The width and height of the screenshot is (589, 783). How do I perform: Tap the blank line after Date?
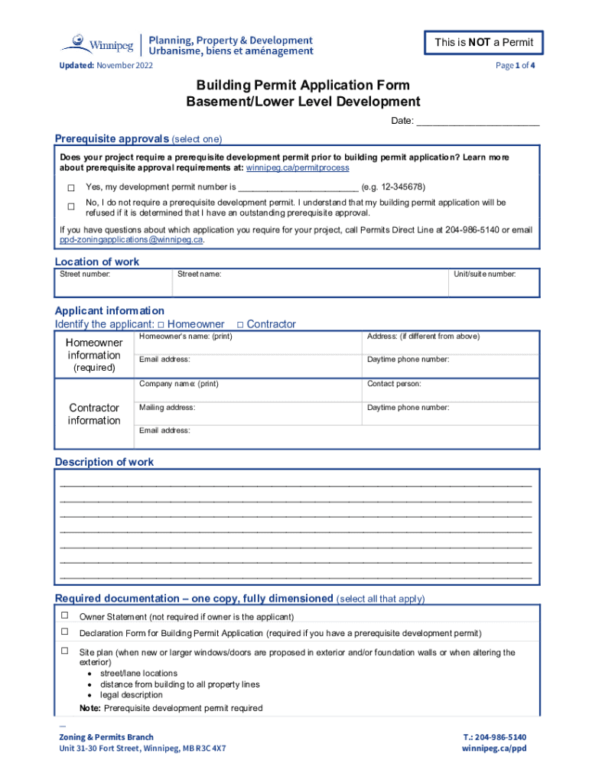point(477,122)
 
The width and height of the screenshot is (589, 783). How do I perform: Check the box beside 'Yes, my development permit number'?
point(71,188)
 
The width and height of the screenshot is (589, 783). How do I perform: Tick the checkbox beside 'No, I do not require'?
point(71,207)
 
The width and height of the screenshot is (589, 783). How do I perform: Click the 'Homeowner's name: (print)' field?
point(248,342)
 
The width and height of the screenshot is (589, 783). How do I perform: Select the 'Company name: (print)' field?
point(248,389)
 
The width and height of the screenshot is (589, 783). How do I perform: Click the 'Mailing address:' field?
point(248,413)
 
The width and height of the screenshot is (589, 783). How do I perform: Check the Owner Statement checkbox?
point(65,616)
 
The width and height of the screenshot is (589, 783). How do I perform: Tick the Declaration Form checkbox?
point(65,632)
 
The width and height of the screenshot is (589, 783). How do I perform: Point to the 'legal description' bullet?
point(132,695)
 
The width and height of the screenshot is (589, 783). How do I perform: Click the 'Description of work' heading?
point(104,462)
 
